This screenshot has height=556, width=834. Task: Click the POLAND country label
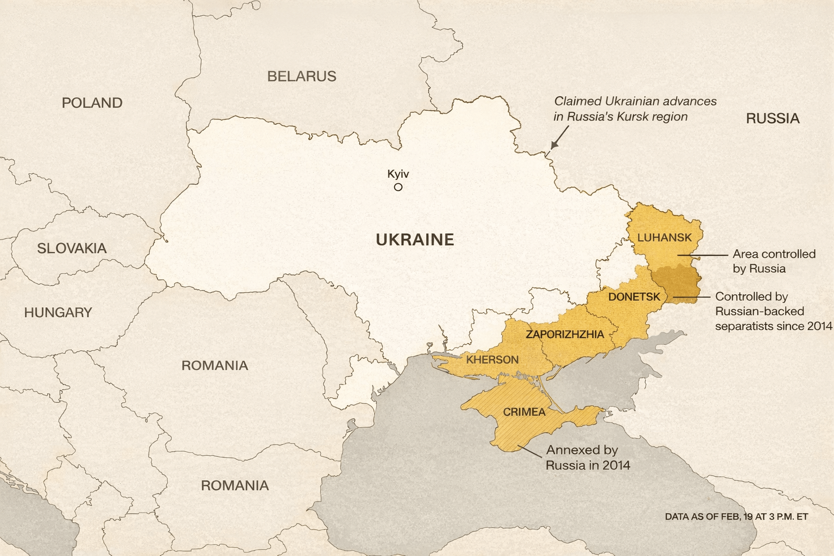tap(92, 103)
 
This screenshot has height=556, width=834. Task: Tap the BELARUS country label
tap(301, 77)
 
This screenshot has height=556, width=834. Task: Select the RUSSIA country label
tap(772, 118)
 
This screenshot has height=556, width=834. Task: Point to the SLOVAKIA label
tap(72, 249)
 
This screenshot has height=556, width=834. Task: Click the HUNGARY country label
tap(58, 313)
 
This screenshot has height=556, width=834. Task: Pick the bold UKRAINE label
tap(415, 240)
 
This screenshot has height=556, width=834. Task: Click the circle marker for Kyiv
tap(398, 187)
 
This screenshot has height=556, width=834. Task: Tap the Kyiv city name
tap(398, 174)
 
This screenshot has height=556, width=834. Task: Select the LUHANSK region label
tap(664, 237)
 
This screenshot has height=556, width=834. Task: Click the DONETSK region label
tap(634, 297)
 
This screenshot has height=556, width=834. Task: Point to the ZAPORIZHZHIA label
tap(565, 334)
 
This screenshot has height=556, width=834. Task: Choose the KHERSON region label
tap(492, 359)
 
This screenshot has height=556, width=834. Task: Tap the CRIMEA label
tap(524, 412)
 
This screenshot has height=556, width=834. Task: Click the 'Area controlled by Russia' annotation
tap(773, 261)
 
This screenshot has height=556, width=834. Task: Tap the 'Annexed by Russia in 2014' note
tap(587, 458)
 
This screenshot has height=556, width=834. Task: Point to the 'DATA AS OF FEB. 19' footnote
tap(736, 516)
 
